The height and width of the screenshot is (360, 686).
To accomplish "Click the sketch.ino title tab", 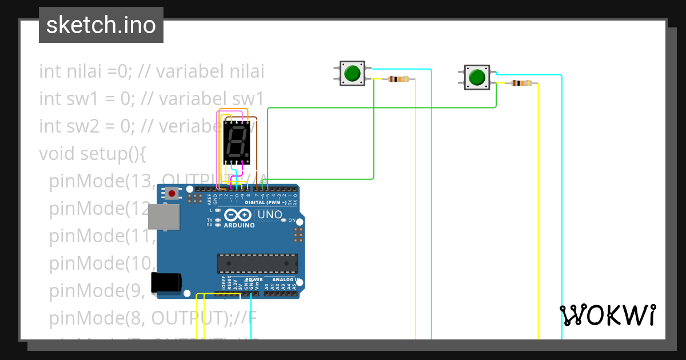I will [x=101, y=25].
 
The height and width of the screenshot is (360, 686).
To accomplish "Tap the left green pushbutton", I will [x=352, y=73].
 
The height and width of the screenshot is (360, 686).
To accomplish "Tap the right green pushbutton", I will [x=476, y=77].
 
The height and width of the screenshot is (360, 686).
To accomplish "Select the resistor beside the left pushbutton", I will [x=398, y=79].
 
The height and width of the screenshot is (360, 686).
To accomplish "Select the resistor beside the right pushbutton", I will [x=521, y=83].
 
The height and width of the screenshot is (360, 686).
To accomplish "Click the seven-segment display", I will [x=236, y=142].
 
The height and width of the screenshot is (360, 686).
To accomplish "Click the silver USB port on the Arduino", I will [x=163, y=217].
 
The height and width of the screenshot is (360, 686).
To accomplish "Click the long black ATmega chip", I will [x=257, y=263].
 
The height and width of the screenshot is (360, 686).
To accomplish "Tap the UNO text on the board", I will [x=269, y=215].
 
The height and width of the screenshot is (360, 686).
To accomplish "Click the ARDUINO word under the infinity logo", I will [x=239, y=225].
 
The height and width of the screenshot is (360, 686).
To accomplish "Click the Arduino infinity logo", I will [x=238, y=215].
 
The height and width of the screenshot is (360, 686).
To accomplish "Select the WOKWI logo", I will [x=607, y=314].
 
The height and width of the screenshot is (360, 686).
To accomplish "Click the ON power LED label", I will [x=291, y=220].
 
